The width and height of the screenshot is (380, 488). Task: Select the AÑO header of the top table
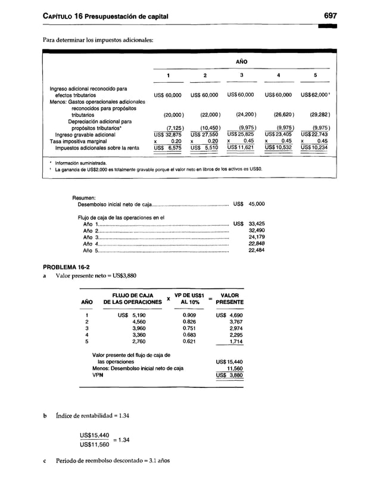coord(240,61)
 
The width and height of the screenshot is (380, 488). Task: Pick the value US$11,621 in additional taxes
coord(240,147)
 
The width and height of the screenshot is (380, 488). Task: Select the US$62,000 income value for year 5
coord(314,95)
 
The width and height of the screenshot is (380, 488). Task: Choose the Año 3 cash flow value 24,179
coord(256,237)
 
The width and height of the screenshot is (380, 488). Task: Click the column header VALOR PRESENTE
coord(229,298)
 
